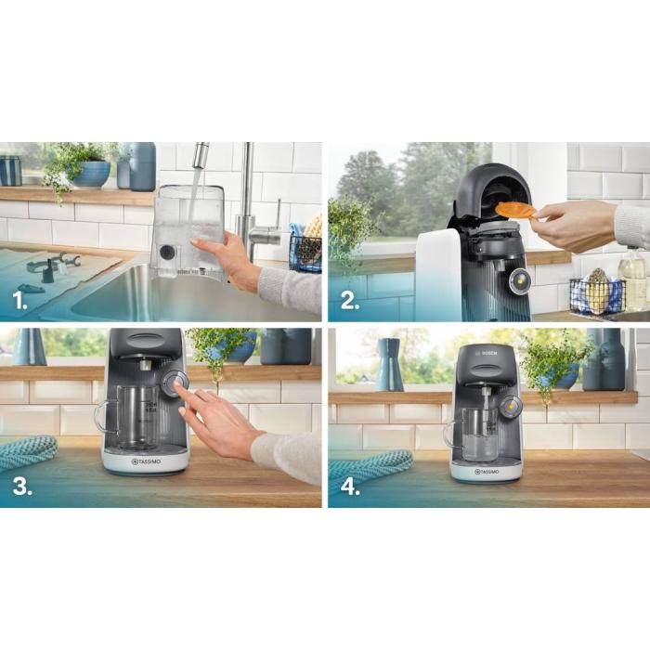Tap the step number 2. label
[x=351, y=301]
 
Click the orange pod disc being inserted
[x=515, y=210]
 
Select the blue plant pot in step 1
[x=91, y=173]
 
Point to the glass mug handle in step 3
[x=103, y=416]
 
